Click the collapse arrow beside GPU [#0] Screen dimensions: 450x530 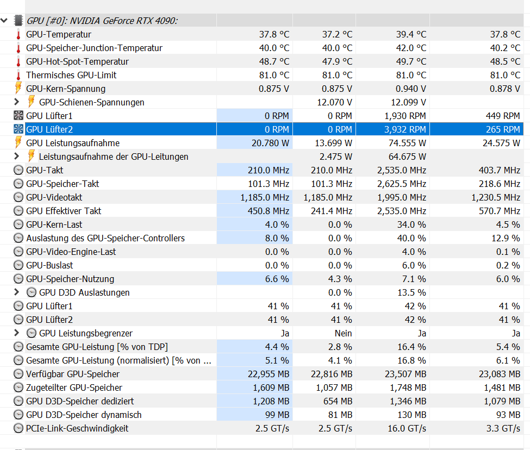tap(5, 21)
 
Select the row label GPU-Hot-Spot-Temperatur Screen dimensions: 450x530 tap(77, 61)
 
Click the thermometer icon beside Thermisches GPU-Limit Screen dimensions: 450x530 tap(18, 75)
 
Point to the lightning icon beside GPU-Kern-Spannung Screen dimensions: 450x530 tap(18, 89)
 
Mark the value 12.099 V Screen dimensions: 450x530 tap(408, 102)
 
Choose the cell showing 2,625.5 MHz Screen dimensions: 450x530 tap(402, 184)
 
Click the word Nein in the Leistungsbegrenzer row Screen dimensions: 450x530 tap(344, 333)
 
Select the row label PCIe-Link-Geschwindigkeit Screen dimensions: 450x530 tap(77, 428)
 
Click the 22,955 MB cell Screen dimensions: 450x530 tap(271, 374)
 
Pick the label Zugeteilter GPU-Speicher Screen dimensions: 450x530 tap(74, 387)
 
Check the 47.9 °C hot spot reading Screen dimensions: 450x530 tap(337, 61)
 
